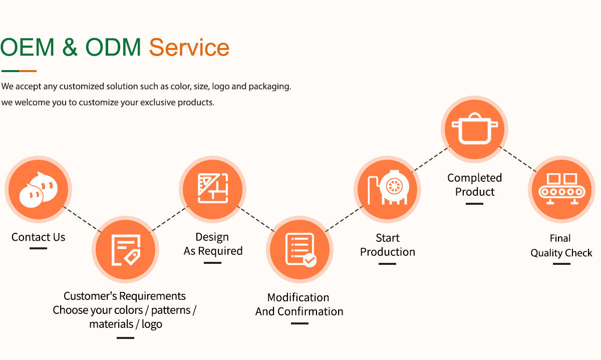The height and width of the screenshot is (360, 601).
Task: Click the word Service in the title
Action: pos(189,48)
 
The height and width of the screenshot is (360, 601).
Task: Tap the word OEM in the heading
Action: pos(28,48)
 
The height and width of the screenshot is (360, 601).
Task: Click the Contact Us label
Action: pos(39,237)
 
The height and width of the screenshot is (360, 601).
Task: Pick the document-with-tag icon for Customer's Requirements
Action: pos(125,249)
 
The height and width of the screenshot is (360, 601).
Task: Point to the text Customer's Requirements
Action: pos(125,296)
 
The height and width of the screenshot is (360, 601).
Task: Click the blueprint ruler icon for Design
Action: pos(212,189)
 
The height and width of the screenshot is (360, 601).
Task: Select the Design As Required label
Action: pos(213,244)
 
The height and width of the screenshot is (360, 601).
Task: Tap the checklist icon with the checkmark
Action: pos(299,249)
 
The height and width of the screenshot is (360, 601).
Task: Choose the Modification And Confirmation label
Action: pos(299,304)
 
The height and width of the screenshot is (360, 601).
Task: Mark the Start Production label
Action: pos(388,245)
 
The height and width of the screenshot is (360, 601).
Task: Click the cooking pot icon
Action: pos(474,129)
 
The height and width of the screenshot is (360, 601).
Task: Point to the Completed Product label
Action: pos(474,185)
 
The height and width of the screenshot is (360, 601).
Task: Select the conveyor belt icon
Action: pos(561,189)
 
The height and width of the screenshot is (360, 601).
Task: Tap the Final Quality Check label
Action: pos(561,246)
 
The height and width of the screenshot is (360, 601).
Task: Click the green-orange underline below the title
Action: pos(19,71)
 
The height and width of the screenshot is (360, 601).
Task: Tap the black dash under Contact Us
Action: pos(38,248)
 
